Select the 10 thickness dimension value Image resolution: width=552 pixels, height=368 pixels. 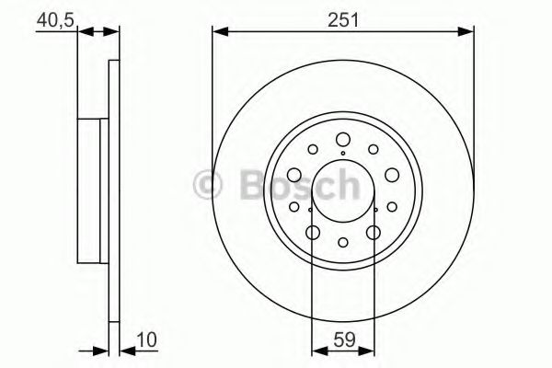(143, 339)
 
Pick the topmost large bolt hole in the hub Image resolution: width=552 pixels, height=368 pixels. (342, 139)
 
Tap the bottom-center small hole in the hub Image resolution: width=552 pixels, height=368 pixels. (342, 243)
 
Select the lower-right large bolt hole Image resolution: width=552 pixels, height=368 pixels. (373, 233)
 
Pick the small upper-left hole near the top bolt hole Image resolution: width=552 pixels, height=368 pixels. (313, 149)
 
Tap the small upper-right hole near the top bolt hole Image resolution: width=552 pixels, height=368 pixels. (372, 149)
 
